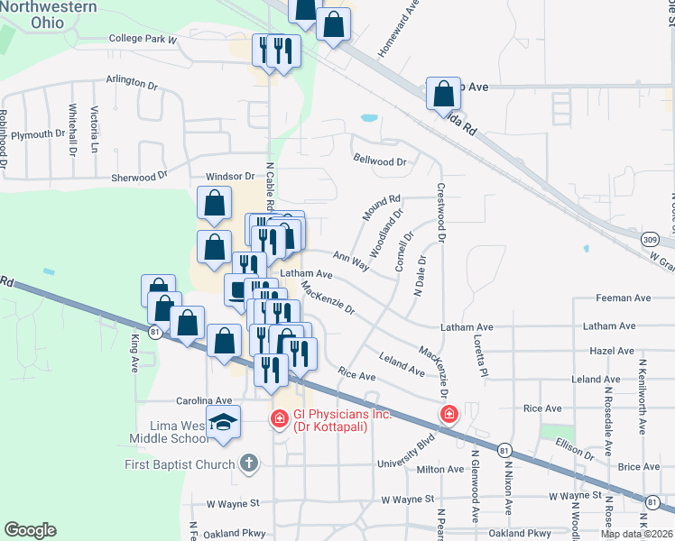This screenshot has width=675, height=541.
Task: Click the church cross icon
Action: (x=249, y=463)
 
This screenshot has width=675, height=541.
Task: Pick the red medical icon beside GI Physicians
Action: (x=280, y=418)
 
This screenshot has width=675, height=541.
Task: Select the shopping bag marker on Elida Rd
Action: (x=444, y=93)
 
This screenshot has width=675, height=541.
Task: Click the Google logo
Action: (x=30, y=530)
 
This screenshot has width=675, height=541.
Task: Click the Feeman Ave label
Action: (x=624, y=298)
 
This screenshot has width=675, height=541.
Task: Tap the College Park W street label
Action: (x=142, y=39)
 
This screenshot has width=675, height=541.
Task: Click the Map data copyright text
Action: (x=636, y=534)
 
